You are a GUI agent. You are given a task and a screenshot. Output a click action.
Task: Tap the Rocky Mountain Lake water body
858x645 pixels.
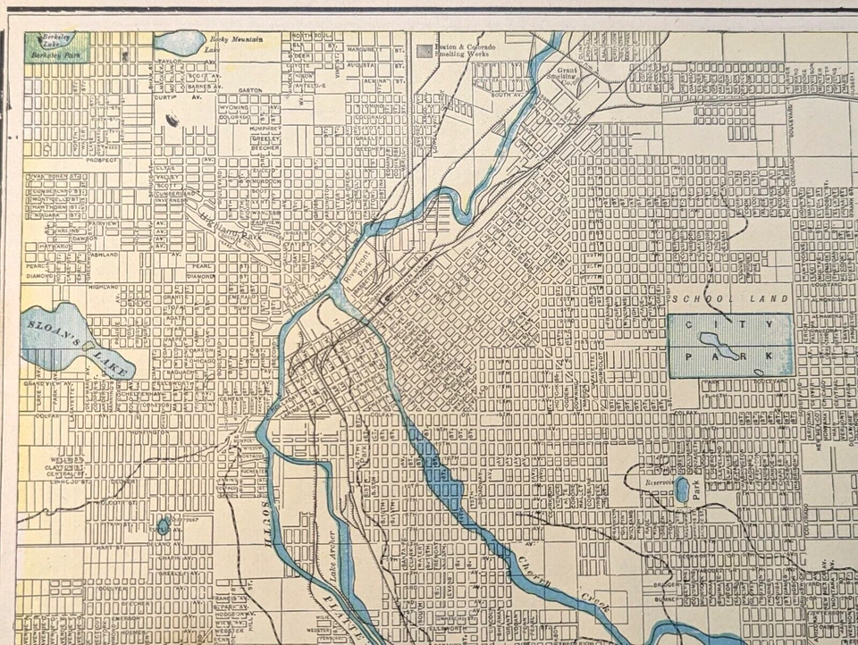(179, 41)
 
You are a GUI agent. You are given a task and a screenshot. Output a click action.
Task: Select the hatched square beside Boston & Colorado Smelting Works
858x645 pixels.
(424, 51)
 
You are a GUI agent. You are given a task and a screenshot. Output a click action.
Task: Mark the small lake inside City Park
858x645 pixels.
(723, 344)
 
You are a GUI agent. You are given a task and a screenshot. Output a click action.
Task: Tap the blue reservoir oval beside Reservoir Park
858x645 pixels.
(683, 489)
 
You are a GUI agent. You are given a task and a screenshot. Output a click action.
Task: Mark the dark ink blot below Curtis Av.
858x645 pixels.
(172, 119)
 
